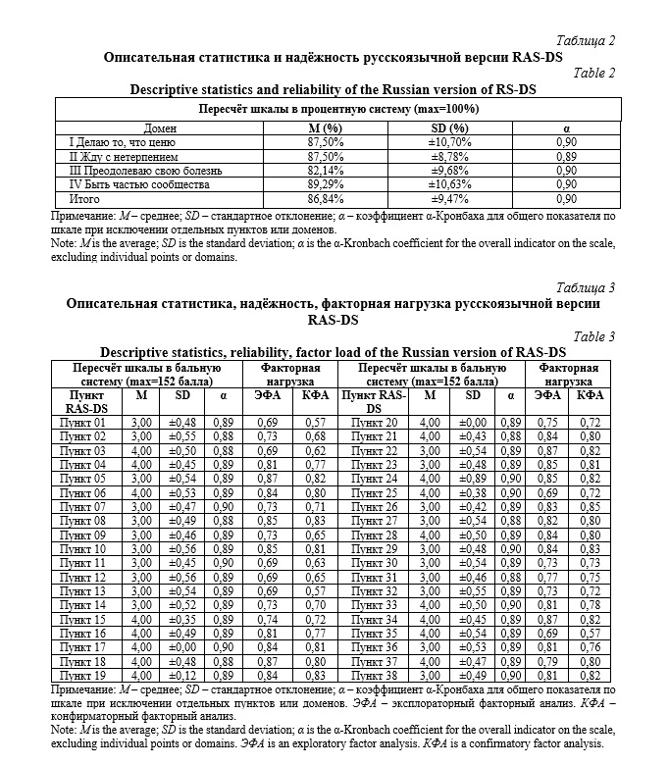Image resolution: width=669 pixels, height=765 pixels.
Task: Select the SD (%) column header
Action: click(450, 127)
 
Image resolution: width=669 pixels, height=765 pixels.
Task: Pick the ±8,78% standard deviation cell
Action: click(451, 155)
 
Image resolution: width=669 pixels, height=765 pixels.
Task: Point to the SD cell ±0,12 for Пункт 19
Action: click(183, 676)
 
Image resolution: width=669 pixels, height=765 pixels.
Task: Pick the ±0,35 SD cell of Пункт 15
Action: click(183, 620)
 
